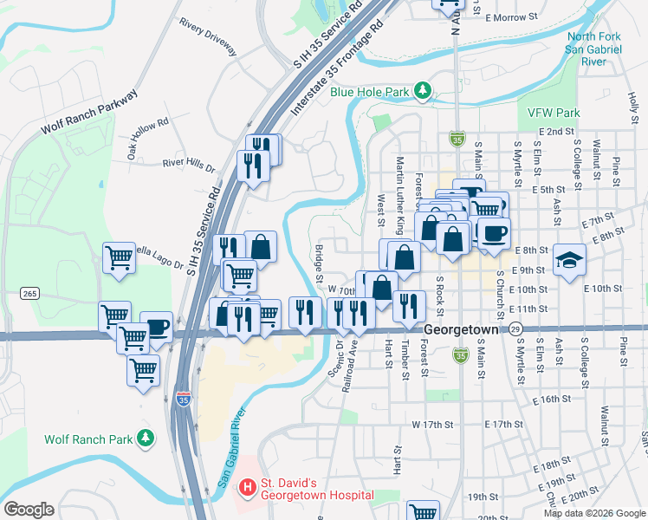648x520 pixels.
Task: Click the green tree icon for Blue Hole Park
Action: (423, 89)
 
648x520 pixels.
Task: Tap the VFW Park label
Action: (553, 113)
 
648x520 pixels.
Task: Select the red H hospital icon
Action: (247, 488)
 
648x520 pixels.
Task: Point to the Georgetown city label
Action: (461, 330)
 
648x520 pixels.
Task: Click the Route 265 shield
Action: (30, 294)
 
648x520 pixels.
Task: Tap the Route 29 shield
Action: (516, 330)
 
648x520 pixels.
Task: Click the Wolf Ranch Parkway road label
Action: (88, 112)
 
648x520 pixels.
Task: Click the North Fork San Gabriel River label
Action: (594, 49)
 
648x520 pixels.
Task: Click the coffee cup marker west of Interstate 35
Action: (156, 327)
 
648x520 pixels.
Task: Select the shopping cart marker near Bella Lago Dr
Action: (119, 257)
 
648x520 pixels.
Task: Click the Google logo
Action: (29, 510)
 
